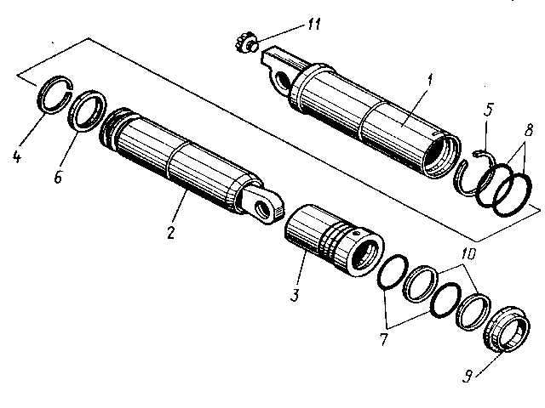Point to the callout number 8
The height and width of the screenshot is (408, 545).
[x=529, y=133]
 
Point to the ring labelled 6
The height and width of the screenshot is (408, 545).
[x=88, y=110]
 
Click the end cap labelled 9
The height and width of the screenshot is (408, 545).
[x=504, y=330]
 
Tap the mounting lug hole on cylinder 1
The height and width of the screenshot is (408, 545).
[x=280, y=80]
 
